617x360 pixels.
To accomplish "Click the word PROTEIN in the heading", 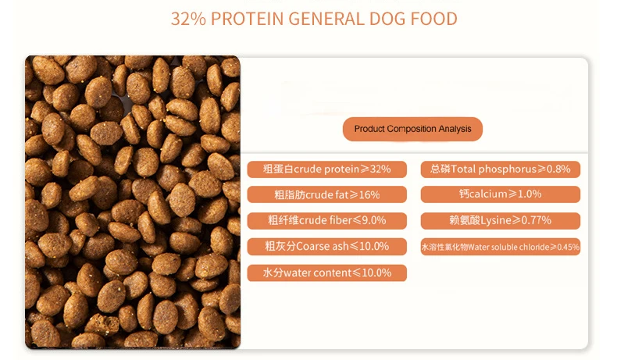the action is pyautogui.click(x=247, y=19).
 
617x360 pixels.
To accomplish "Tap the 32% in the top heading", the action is pyautogui.click(x=188, y=19).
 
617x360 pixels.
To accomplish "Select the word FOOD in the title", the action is pyautogui.click(x=434, y=19).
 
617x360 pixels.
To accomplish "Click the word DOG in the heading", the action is pyautogui.click(x=387, y=19).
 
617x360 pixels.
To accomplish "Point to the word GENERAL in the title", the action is pyautogui.click(x=326, y=19).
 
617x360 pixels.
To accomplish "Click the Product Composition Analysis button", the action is pyautogui.click(x=412, y=129).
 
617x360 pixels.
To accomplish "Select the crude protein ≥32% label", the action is pyautogui.click(x=326, y=169).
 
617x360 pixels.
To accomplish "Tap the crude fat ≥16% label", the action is pyautogui.click(x=326, y=194).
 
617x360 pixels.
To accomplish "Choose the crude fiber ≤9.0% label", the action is pyautogui.click(x=326, y=220).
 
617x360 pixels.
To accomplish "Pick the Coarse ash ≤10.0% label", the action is pyautogui.click(x=326, y=246).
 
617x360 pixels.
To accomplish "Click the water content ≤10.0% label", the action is pyautogui.click(x=326, y=273).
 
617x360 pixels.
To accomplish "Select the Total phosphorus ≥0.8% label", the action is pyautogui.click(x=500, y=169).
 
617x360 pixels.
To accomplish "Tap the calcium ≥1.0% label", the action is pyautogui.click(x=500, y=194).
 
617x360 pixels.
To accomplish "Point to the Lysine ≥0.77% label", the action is pyautogui.click(x=500, y=220).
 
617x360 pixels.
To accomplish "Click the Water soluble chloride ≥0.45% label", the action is pyautogui.click(x=500, y=247).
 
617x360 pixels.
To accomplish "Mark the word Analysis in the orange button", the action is pyautogui.click(x=455, y=129).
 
